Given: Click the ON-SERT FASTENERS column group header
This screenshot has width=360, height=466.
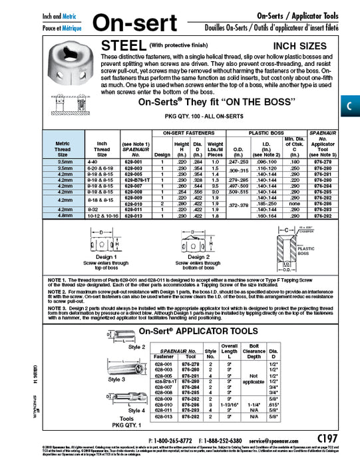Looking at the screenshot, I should click(189, 134).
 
